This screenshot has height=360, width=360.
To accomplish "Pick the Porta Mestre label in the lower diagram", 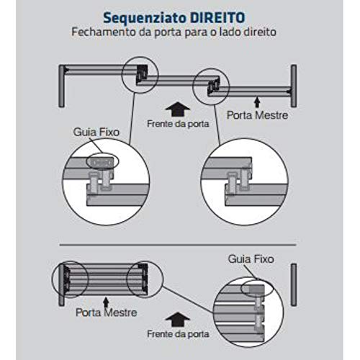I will tap(106, 312).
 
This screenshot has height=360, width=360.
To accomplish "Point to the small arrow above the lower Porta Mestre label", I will tap(106, 297).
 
